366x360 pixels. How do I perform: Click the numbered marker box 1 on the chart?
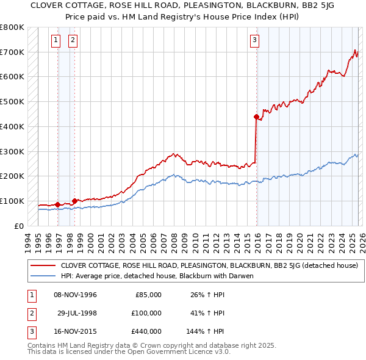click(x=56, y=41)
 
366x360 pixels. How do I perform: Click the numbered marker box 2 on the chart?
click(x=73, y=41)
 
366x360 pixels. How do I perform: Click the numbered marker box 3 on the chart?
click(x=254, y=41)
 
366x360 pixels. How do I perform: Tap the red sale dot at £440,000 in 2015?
click(x=256, y=116)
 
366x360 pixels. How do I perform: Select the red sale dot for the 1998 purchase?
click(x=74, y=200)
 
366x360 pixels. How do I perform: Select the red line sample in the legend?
click(x=43, y=265)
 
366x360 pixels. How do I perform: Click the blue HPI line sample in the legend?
click(x=43, y=276)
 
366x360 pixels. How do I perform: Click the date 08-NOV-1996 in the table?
click(x=76, y=295)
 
